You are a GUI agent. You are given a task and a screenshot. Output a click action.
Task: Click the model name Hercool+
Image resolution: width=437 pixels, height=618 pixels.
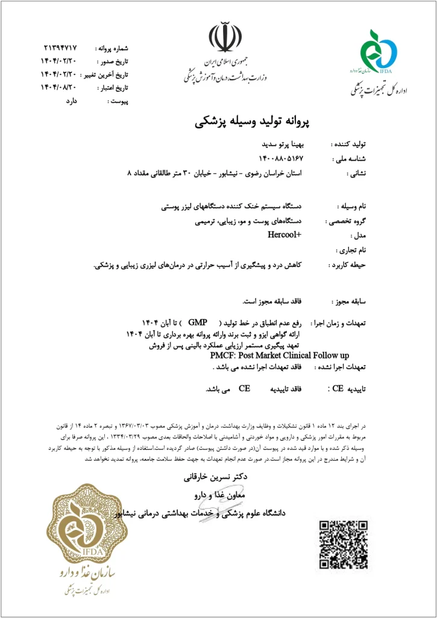tap(285, 235)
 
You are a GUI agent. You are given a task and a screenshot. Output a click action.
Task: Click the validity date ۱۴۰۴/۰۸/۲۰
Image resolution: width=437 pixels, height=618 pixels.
tap(63, 88)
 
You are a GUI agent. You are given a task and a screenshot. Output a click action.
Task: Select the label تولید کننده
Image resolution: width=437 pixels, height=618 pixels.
tap(350, 145)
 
